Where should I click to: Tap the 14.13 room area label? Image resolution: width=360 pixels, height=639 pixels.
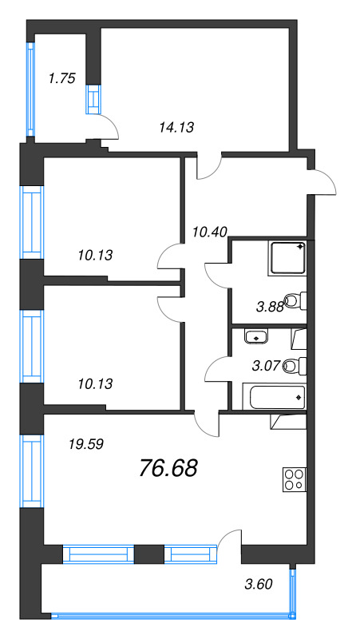[176, 125]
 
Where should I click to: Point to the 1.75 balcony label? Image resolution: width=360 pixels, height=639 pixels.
[61, 78]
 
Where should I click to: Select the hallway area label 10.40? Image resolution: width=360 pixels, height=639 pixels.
[210, 232]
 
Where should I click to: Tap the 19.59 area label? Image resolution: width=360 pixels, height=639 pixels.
[65, 440]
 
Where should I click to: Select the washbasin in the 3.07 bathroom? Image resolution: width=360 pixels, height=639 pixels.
[256, 335]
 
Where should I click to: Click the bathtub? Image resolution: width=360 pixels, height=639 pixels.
[273, 396]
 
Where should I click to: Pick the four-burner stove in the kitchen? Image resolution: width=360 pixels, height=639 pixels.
[293, 479]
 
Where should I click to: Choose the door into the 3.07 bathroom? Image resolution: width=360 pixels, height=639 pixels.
[217, 370]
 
